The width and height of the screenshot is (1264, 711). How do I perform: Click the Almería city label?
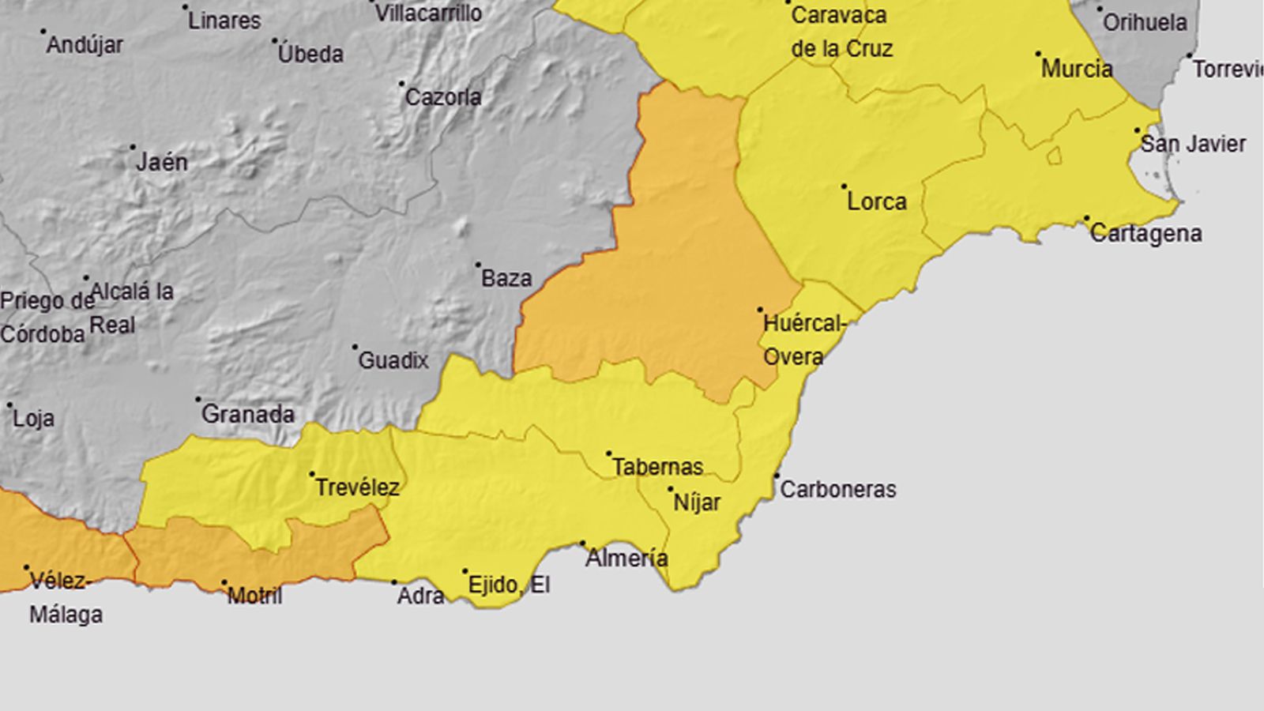point(626,559)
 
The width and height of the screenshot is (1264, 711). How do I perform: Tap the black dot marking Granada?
point(198,400)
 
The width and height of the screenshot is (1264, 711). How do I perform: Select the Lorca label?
point(876,201)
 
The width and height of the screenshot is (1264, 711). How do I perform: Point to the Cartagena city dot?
point(1087,218)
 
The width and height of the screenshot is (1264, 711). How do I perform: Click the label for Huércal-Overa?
point(803,340)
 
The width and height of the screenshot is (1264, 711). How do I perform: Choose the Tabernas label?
point(657,467)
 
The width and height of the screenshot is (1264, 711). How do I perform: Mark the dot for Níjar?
point(671,489)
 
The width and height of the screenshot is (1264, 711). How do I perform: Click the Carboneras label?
point(837,490)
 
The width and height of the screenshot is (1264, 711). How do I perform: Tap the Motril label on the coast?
point(254,596)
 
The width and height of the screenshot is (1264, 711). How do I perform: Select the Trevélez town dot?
point(312,474)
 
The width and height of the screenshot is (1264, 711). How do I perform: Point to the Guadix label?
point(393,361)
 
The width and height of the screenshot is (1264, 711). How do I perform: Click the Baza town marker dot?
point(478,265)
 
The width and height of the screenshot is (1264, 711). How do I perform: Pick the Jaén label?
point(162,163)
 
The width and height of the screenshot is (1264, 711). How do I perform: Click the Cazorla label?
point(442,97)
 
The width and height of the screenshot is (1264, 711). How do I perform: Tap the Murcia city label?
point(1076,69)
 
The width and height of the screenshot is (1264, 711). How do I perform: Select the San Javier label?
point(1193,144)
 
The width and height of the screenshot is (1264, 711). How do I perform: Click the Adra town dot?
point(395,582)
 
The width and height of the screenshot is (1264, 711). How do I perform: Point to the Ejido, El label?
point(508,585)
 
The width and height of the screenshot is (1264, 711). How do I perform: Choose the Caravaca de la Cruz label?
point(841,32)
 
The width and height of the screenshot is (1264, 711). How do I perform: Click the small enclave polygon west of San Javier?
point(1054,156)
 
